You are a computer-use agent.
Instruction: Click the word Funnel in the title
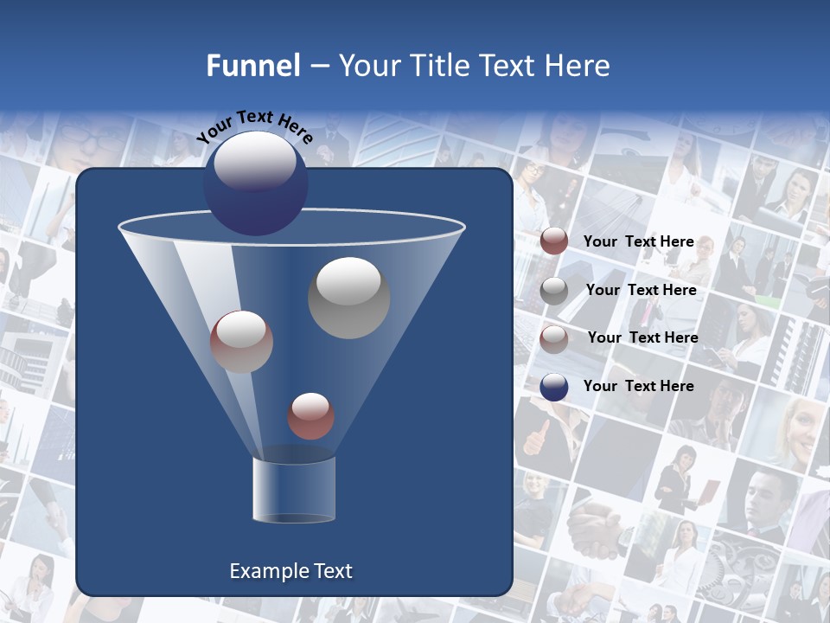coord(252,66)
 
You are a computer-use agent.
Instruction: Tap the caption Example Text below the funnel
coord(290,571)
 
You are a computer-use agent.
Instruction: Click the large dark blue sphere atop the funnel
coord(255,183)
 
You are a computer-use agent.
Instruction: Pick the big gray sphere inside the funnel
coord(348,298)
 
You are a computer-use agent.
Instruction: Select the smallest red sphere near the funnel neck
coord(310,416)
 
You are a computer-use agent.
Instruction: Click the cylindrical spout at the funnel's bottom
coord(294,489)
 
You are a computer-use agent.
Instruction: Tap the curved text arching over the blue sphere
coord(254,125)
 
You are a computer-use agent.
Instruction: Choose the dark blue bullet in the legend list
coord(554,387)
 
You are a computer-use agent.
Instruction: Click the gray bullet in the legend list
coord(554,291)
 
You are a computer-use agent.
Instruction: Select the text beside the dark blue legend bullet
coord(638,386)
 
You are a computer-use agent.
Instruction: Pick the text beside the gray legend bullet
coord(641,290)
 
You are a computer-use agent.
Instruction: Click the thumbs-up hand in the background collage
coord(537,437)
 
